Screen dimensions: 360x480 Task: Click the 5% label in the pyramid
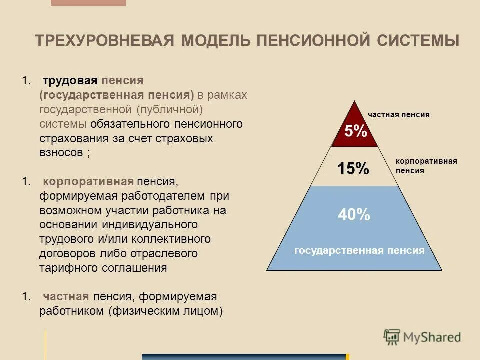coord(355,131)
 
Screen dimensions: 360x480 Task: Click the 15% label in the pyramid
coord(353,168)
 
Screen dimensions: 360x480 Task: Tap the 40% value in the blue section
coord(354,215)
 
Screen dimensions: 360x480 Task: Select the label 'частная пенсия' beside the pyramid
coord(399,115)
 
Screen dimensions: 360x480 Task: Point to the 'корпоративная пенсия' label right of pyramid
coord(426,166)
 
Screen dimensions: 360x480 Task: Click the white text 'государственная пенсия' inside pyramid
coord(359,251)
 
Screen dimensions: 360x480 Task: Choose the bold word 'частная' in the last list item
coord(66,297)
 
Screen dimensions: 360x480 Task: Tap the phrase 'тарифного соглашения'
coord(103,268)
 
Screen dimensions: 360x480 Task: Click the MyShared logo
coord(422,337)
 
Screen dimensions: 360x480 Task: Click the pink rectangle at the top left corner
coord(88,3)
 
